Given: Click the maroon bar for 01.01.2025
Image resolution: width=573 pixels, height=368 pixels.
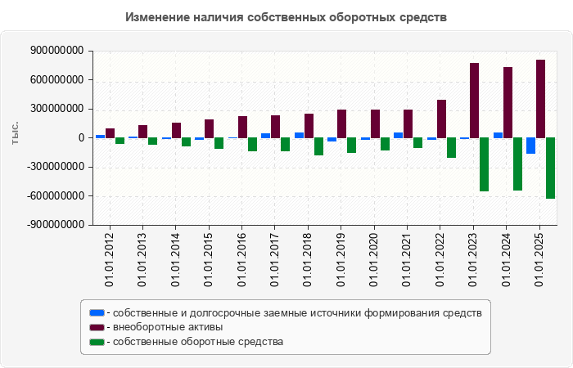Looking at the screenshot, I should click(540, 99).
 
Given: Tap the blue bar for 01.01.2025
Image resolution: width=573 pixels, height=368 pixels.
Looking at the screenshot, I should click(531, 146).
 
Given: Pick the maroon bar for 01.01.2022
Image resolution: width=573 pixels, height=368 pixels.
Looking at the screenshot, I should click(441, 119).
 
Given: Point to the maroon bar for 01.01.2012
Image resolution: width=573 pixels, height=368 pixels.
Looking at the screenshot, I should click(110, 133).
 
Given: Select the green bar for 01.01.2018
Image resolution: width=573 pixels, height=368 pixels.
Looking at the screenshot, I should click(318, 146).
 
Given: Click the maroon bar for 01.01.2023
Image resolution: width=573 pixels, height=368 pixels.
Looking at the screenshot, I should click(474, 101).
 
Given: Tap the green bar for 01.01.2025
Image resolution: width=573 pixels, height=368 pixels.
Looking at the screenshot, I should click(550, 168).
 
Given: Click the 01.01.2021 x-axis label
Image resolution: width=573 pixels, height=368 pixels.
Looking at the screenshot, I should click(408, 260).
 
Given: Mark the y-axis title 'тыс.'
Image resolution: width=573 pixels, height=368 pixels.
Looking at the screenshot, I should click(16, 133).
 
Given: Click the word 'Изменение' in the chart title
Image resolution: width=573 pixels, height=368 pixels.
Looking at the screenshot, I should click(155, 17).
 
